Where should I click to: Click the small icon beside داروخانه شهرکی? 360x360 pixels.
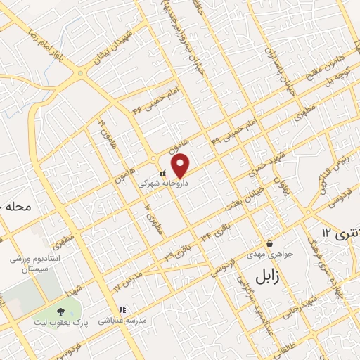(x=163, y=172)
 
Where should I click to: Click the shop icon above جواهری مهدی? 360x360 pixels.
(x=269, y=243)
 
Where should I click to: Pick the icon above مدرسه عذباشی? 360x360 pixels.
(x=122, y=309)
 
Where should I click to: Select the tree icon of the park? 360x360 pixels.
(x=60, y=310)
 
